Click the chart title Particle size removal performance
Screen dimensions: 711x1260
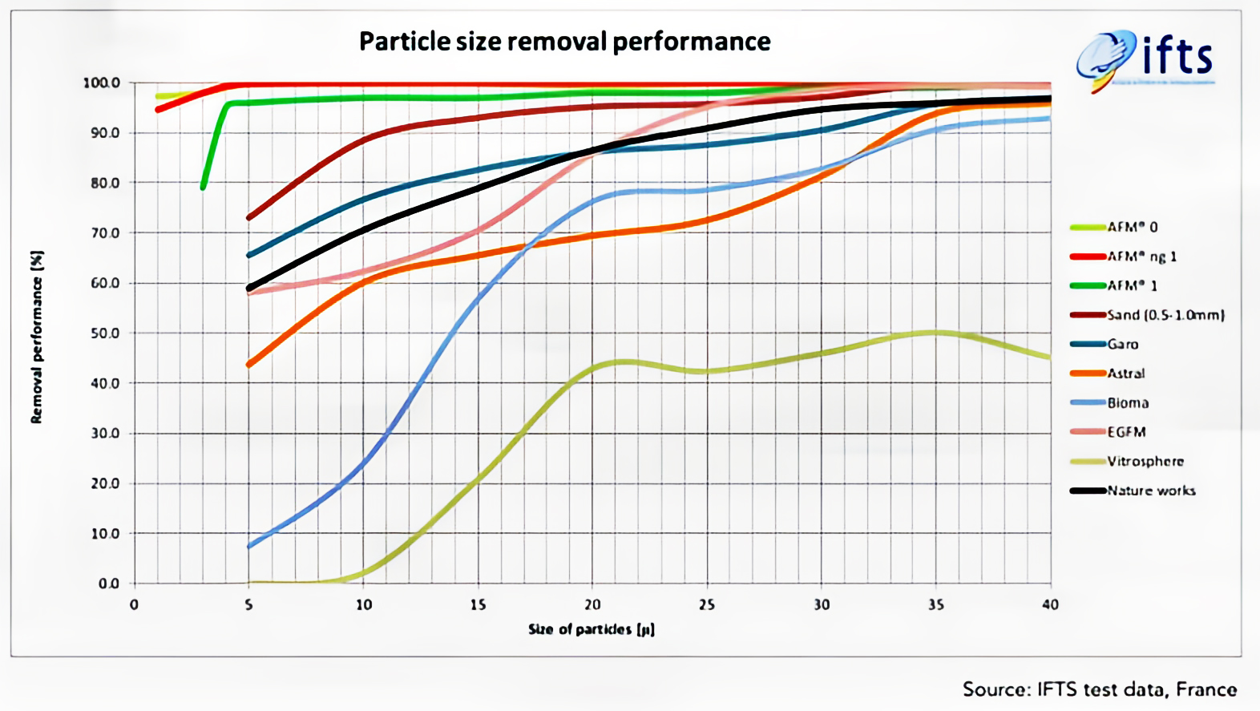564,41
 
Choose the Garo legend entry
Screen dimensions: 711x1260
1122,344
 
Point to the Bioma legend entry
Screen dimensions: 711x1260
1127,402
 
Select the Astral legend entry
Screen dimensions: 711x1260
1125,374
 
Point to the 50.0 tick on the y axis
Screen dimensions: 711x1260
103,333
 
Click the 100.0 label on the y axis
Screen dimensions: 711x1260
101,83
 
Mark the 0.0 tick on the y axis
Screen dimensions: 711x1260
108,584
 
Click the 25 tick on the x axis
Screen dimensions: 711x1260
706,604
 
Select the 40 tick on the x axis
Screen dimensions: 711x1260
1050,604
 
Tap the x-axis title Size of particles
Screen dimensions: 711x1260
592,629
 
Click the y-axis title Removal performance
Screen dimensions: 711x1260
37,337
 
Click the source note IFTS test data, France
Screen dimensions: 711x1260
1099,689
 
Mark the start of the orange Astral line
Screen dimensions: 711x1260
249,365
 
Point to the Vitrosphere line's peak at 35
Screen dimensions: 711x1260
935,332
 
